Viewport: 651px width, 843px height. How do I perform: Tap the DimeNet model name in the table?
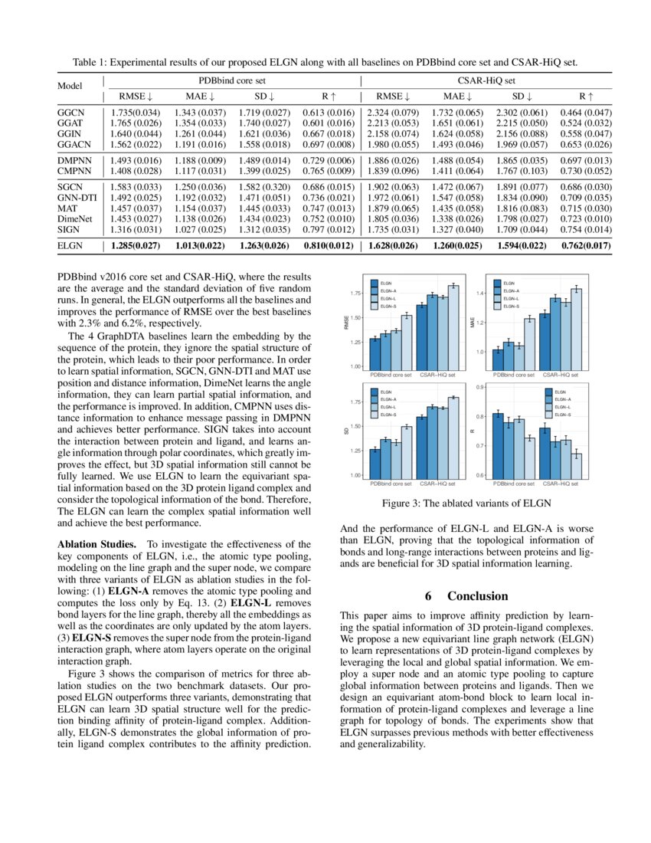point(73,218)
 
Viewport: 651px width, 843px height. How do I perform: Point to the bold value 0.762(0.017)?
point(585,247)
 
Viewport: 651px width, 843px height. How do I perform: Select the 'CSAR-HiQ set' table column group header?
point(486,79)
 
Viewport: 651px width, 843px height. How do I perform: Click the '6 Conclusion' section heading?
point(466,595)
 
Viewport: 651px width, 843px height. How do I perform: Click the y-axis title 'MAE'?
point(473,323)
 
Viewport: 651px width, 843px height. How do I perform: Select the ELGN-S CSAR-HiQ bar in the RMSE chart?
point(453,326)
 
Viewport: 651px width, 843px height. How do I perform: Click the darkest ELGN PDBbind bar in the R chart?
point(498,446)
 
